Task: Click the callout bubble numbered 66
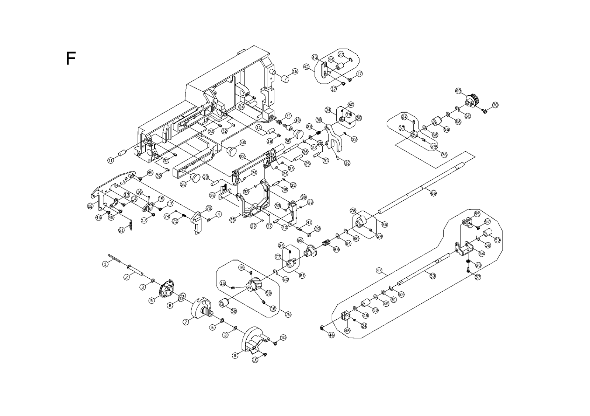click(433, 193)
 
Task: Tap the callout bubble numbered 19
click(295, 71)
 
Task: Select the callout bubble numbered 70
click(495, 105)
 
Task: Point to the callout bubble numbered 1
click(105, 264)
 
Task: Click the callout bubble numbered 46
click(332, 335)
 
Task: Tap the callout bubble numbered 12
click(90, 206)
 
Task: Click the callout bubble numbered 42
click(306, 67)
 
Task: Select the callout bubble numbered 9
click(235, 356)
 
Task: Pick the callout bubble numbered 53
click(433, 276)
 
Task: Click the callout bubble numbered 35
click(232, 220)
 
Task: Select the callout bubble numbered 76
click(444, 155)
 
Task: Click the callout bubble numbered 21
click(121, 230)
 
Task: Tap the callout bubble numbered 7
click(186, 322)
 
